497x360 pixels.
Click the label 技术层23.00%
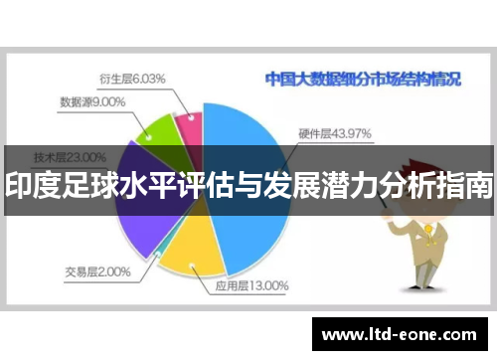click(70, 156)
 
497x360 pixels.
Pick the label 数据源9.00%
click(91, 100)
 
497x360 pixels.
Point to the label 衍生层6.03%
click(132, 78)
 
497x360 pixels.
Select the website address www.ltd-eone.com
click(403, 333)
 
